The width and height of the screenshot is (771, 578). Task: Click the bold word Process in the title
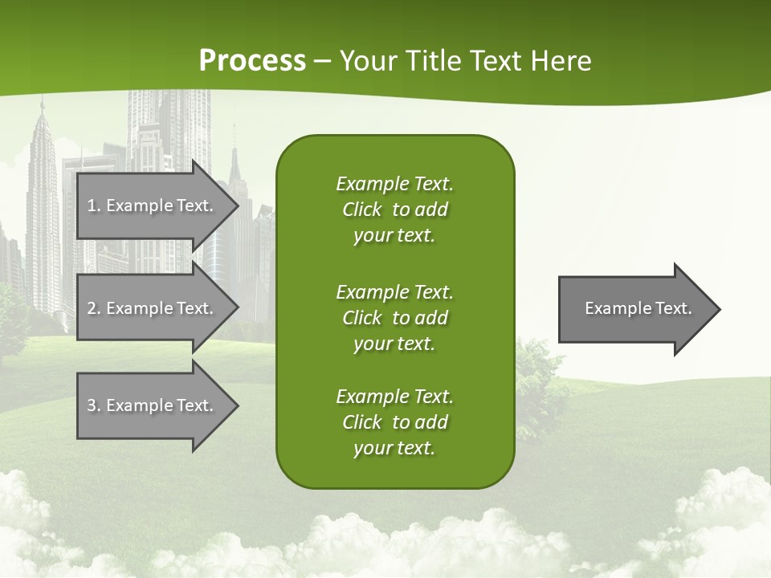(x=252, y=61)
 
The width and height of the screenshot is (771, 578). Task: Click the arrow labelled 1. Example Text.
(x=153, y=206)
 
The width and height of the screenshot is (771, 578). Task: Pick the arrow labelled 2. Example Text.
(x=153, y=308)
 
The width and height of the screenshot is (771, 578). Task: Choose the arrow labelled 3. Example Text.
(x=153, y=405)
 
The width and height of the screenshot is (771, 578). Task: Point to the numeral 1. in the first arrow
(x=94, y=206)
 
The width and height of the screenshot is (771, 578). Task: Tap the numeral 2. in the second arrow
(x=94, y=308)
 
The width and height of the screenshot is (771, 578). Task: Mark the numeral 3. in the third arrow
(x=94, y=405)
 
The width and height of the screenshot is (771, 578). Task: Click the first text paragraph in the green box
(x=394, y=210)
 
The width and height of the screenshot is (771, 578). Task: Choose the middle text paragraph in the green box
(x=394, y=318)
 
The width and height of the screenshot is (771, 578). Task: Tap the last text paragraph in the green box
(x=394, y=422)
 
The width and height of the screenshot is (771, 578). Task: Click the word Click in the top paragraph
(x=362, y=210)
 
